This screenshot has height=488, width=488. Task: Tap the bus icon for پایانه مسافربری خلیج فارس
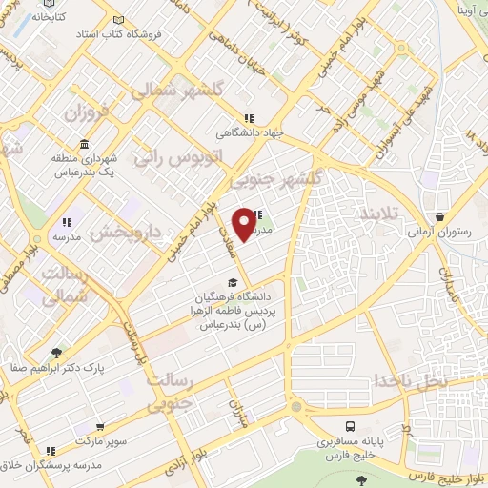tap(352, 426)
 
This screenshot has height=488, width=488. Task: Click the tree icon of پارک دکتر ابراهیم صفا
tap(57, 352)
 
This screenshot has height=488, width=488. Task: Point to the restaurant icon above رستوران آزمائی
tap(438, 217)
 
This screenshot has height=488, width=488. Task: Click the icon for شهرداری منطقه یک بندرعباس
tap(85, 144)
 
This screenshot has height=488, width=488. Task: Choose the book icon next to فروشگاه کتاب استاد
tap(117, 19)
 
